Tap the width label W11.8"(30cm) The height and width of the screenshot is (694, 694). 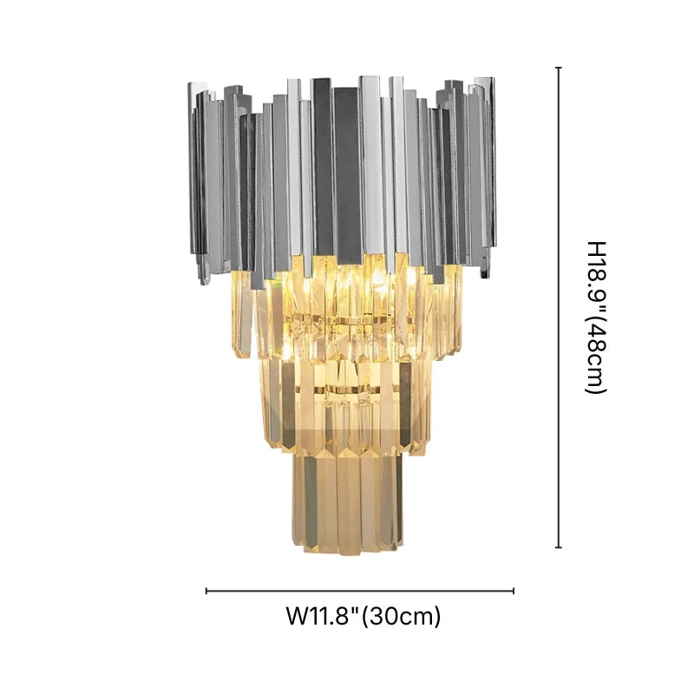(363, 617)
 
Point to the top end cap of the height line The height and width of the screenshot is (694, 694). (559, 68)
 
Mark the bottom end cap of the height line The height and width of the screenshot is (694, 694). (559, 547)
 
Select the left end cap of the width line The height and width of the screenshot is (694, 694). (206, 592)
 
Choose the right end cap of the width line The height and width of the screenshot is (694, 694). (514, 592)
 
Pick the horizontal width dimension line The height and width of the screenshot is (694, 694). (360, 592)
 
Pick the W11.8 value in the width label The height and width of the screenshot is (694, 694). (321, 617)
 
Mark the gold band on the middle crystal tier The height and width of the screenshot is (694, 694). (347, 391)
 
